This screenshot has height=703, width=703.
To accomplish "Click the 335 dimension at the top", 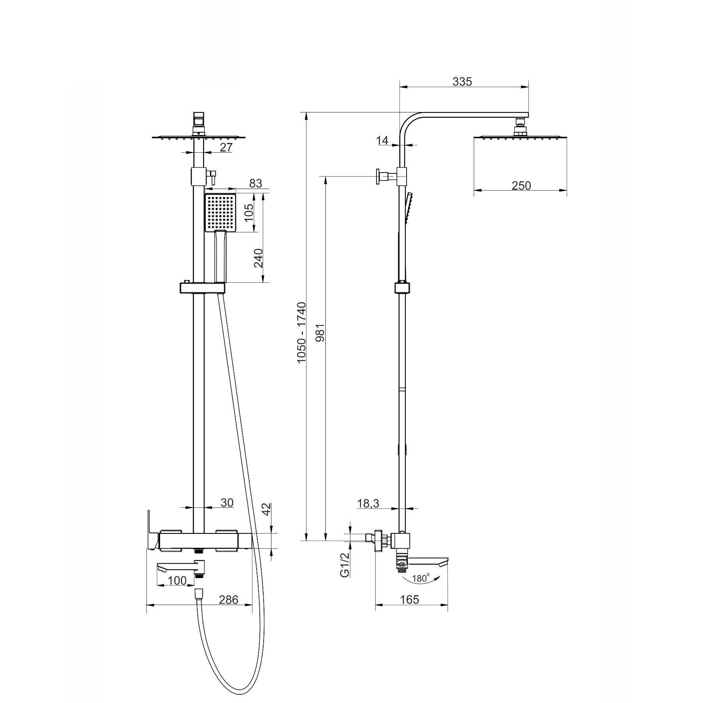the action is pos(462,82).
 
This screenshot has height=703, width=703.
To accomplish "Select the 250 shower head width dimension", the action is pos(521,186).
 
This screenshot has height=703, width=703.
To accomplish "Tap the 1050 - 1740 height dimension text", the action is pos(302,332).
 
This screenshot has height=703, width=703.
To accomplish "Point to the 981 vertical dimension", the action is pos(320,332).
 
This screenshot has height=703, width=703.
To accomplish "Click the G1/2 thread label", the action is pos(344,565).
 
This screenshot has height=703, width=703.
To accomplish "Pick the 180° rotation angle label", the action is pos(421,578).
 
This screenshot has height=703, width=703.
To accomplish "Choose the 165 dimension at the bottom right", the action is pos(410,600).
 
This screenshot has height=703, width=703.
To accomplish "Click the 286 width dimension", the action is pos(228,600).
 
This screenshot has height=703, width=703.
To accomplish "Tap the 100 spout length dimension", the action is pos(177,581).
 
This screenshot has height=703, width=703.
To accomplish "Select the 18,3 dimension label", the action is pos(368,504).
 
